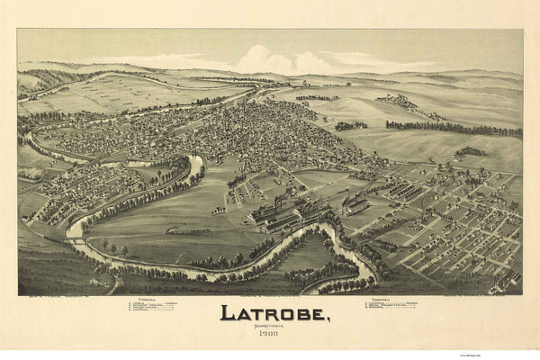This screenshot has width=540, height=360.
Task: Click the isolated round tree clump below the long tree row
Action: pos(468,152)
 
